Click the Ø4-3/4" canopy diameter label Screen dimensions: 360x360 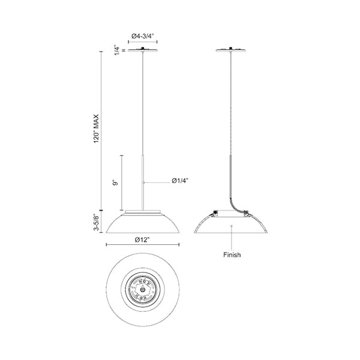142,36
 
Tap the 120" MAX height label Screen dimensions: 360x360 96,128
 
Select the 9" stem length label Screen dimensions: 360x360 115,183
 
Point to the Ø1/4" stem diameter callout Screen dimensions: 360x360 180,181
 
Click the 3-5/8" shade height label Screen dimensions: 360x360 96,222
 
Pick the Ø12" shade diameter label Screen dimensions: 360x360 142,240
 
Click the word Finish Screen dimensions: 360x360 232,255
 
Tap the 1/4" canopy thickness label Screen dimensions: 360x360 118,50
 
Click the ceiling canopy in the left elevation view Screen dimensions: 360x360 143,50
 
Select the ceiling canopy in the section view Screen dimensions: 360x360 231,50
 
